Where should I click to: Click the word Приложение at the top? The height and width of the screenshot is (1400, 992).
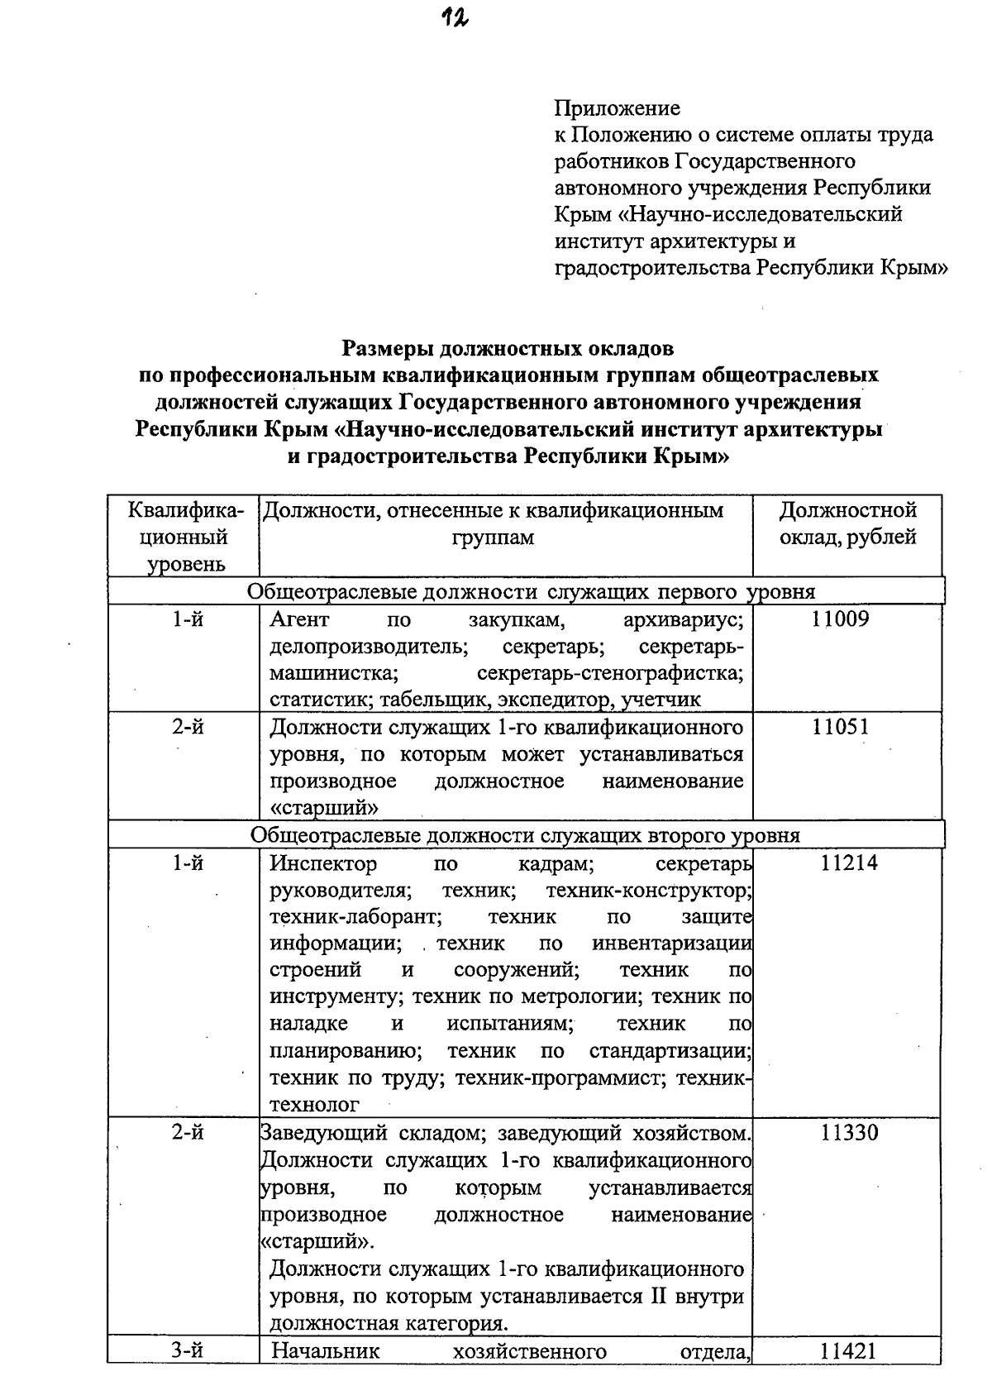(x=617, y=108)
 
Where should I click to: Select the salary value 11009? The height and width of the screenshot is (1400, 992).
(x=841, y=619)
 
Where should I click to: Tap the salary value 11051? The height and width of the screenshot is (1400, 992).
(x=840, y=727)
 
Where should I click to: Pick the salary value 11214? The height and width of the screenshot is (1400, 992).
(x=848, y=863)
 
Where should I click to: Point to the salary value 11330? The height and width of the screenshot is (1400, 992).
(x=849, y=1133)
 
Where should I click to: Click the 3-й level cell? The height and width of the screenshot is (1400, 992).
(x=188, y=1351)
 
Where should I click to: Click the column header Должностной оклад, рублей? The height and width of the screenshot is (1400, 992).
(x=847, y=523)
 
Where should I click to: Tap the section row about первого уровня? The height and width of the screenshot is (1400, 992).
(x=531, y=591)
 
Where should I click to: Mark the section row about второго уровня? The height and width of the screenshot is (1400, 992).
(x=525, y=834)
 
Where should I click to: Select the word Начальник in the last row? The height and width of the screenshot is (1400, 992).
(x=325, y=1351)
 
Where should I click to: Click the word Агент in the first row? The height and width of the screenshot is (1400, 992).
(x=299, y=619)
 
